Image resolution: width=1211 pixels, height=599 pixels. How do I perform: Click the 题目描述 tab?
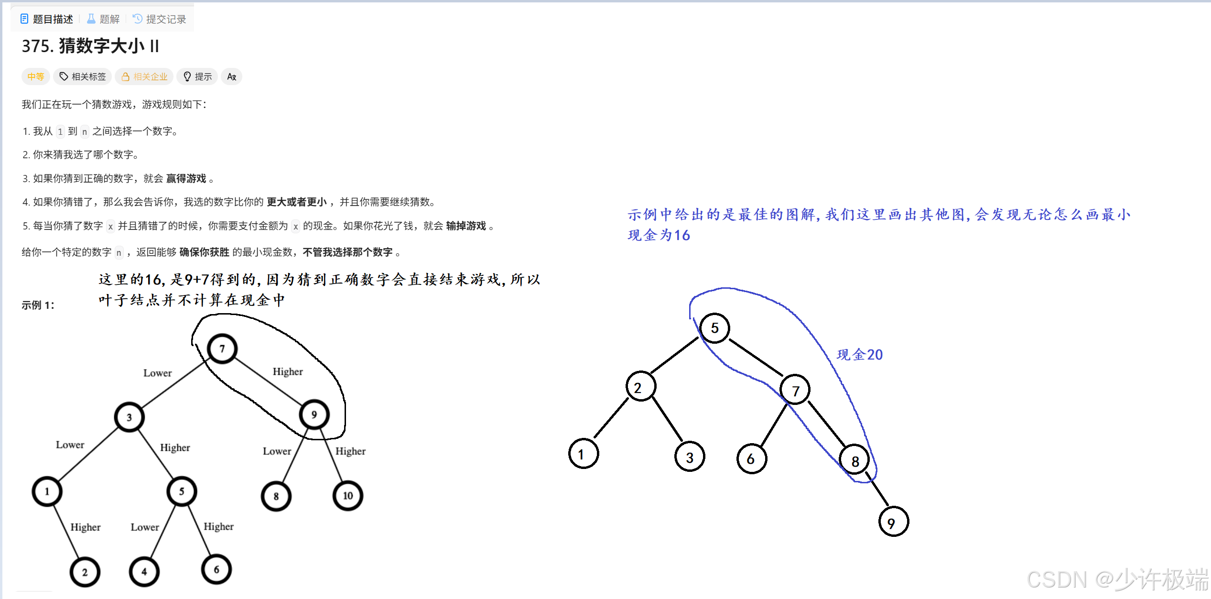click(x=47, y=19)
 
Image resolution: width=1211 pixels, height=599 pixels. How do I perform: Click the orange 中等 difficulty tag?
click(x=36, y=76)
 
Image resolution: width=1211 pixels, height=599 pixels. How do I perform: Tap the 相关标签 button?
click(x=83, y=76)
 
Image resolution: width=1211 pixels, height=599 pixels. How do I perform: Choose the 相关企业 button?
click(x=144, y=76)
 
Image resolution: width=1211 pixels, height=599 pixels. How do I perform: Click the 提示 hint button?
click(x=197, y=76)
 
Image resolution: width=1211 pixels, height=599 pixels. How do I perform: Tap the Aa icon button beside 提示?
click(x=231, y=76)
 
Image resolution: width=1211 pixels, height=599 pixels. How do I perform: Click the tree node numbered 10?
click(x=347, y=496)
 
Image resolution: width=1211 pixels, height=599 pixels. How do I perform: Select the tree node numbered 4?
click(x=144, y=571)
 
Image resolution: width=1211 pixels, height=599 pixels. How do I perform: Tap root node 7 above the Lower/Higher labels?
click(x=222, y=349)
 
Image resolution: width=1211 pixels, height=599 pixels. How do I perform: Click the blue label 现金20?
click(x=859, y=355)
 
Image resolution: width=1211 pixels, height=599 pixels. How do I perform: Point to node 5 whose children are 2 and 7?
click(x=714, y=328)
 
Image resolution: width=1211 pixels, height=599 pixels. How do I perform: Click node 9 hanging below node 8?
click(x=893, y=522)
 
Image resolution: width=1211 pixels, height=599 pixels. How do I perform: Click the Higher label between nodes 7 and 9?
click(x=288, y=371)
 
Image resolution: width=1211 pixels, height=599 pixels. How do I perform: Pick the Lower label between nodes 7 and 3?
click(x=157, y=373)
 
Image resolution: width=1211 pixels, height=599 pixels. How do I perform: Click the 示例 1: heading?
click(x=38, y=305)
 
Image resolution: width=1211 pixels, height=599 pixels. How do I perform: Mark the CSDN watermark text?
click(x=1117, y=579)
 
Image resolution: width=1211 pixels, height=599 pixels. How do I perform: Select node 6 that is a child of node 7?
click(x=751, y=459)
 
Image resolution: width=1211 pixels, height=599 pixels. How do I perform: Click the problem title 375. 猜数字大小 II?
click(x=90, y=46)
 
